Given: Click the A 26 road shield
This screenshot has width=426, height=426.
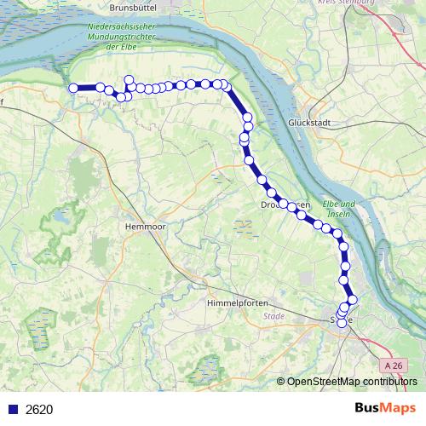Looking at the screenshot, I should click(394, 366).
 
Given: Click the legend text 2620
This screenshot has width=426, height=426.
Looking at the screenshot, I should click(39, 409).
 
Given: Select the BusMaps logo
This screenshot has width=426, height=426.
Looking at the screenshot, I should click(384, 408).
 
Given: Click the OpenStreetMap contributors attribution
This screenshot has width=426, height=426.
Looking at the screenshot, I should click(352, 381).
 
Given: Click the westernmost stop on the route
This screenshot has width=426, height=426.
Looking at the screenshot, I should click(73, 88).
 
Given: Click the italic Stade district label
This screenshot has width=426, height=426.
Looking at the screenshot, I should click(274, 316).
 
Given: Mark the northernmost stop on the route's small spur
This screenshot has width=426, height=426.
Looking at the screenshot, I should click(130, 80).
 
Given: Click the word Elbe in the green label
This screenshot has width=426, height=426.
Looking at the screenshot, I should click(331, 204).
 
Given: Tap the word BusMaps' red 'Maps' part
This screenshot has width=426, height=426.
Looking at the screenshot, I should click(398, 408).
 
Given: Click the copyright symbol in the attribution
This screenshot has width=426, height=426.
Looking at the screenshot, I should click(281, 381).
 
